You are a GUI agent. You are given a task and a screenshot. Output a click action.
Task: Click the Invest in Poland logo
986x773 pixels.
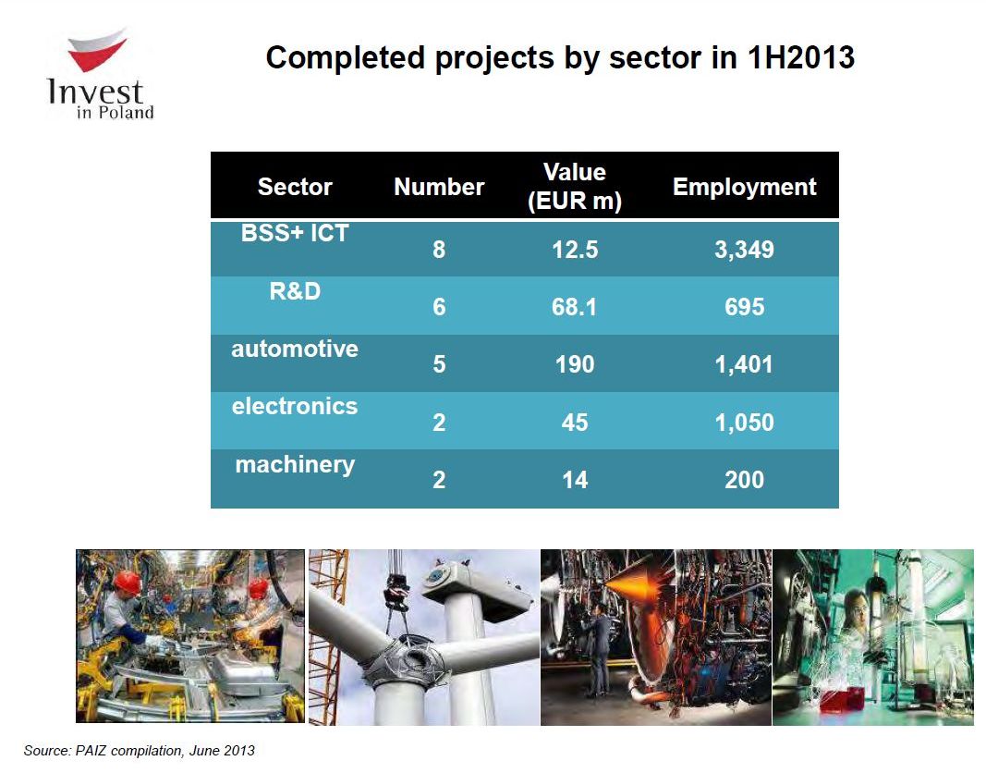(x=101, y=74)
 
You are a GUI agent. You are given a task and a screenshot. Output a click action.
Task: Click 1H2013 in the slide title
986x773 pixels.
(x=800, y=57)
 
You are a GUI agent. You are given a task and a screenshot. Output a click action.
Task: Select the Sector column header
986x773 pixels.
(x=295, y=187)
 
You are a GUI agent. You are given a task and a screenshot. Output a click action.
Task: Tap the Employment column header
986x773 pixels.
(x=745, y=187)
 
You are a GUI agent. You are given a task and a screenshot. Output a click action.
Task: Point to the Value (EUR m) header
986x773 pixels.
(x=575, y=187)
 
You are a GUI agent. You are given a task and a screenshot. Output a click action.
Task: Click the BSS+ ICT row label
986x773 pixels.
(x=295, y=233)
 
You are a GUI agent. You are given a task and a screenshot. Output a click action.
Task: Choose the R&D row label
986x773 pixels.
(x=295, y=291)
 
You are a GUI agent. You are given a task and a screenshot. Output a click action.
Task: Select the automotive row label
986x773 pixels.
(x=295, y=350)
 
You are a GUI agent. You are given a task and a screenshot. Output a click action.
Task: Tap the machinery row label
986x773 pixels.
(x=295, y=465)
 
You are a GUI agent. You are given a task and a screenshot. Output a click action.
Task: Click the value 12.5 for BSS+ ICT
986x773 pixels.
(x=575, y=250)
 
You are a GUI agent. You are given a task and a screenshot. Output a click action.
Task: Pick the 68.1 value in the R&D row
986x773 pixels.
(x=574, y=307)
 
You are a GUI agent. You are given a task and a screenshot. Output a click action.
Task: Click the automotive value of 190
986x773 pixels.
(x=575, y=365)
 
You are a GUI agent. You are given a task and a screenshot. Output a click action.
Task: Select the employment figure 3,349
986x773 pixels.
(x=745, y=251)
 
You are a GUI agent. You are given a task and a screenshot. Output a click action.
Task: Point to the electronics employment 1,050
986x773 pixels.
(x=745, y=423)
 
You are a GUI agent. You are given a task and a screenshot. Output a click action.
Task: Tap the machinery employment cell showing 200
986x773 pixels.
(x=745, y=481)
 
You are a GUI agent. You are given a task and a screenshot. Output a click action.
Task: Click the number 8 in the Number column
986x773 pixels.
(x=439, y=250)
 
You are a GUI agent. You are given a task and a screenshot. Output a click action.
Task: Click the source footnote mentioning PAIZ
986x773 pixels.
(x=139, y=751)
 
